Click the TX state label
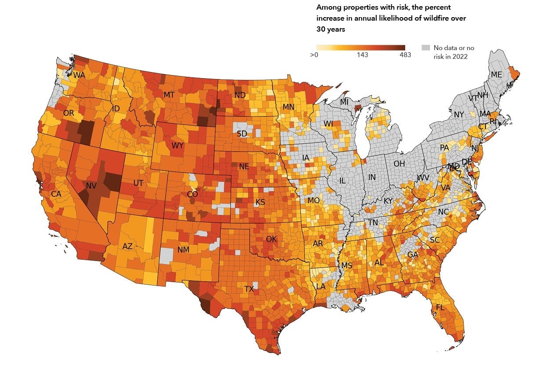point(249,289)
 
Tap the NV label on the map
point(91,186)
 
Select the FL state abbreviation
point(440,308)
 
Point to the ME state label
point(496,75)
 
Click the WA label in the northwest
point(79,75)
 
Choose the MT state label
point(169,95)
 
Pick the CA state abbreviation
point(56,194)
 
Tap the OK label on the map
point(272,239)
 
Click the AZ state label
point(127,246)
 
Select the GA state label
point(413,255)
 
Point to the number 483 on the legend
point(405,55)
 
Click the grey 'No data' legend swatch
point(425,47)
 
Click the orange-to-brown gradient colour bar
point(360,47)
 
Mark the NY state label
point(459,115)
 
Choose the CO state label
point(192,194)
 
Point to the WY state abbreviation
point(178,145)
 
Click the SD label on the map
point(242,134)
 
